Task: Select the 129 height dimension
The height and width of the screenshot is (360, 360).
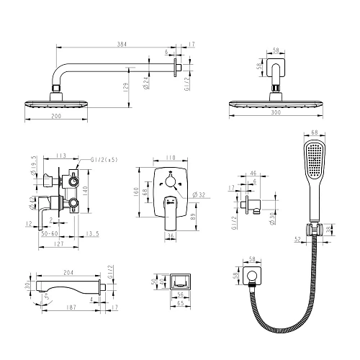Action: click(126, 88)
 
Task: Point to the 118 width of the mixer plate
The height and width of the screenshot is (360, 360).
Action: click(170, 156)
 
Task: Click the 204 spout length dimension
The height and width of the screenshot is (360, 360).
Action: click(68, 272)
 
